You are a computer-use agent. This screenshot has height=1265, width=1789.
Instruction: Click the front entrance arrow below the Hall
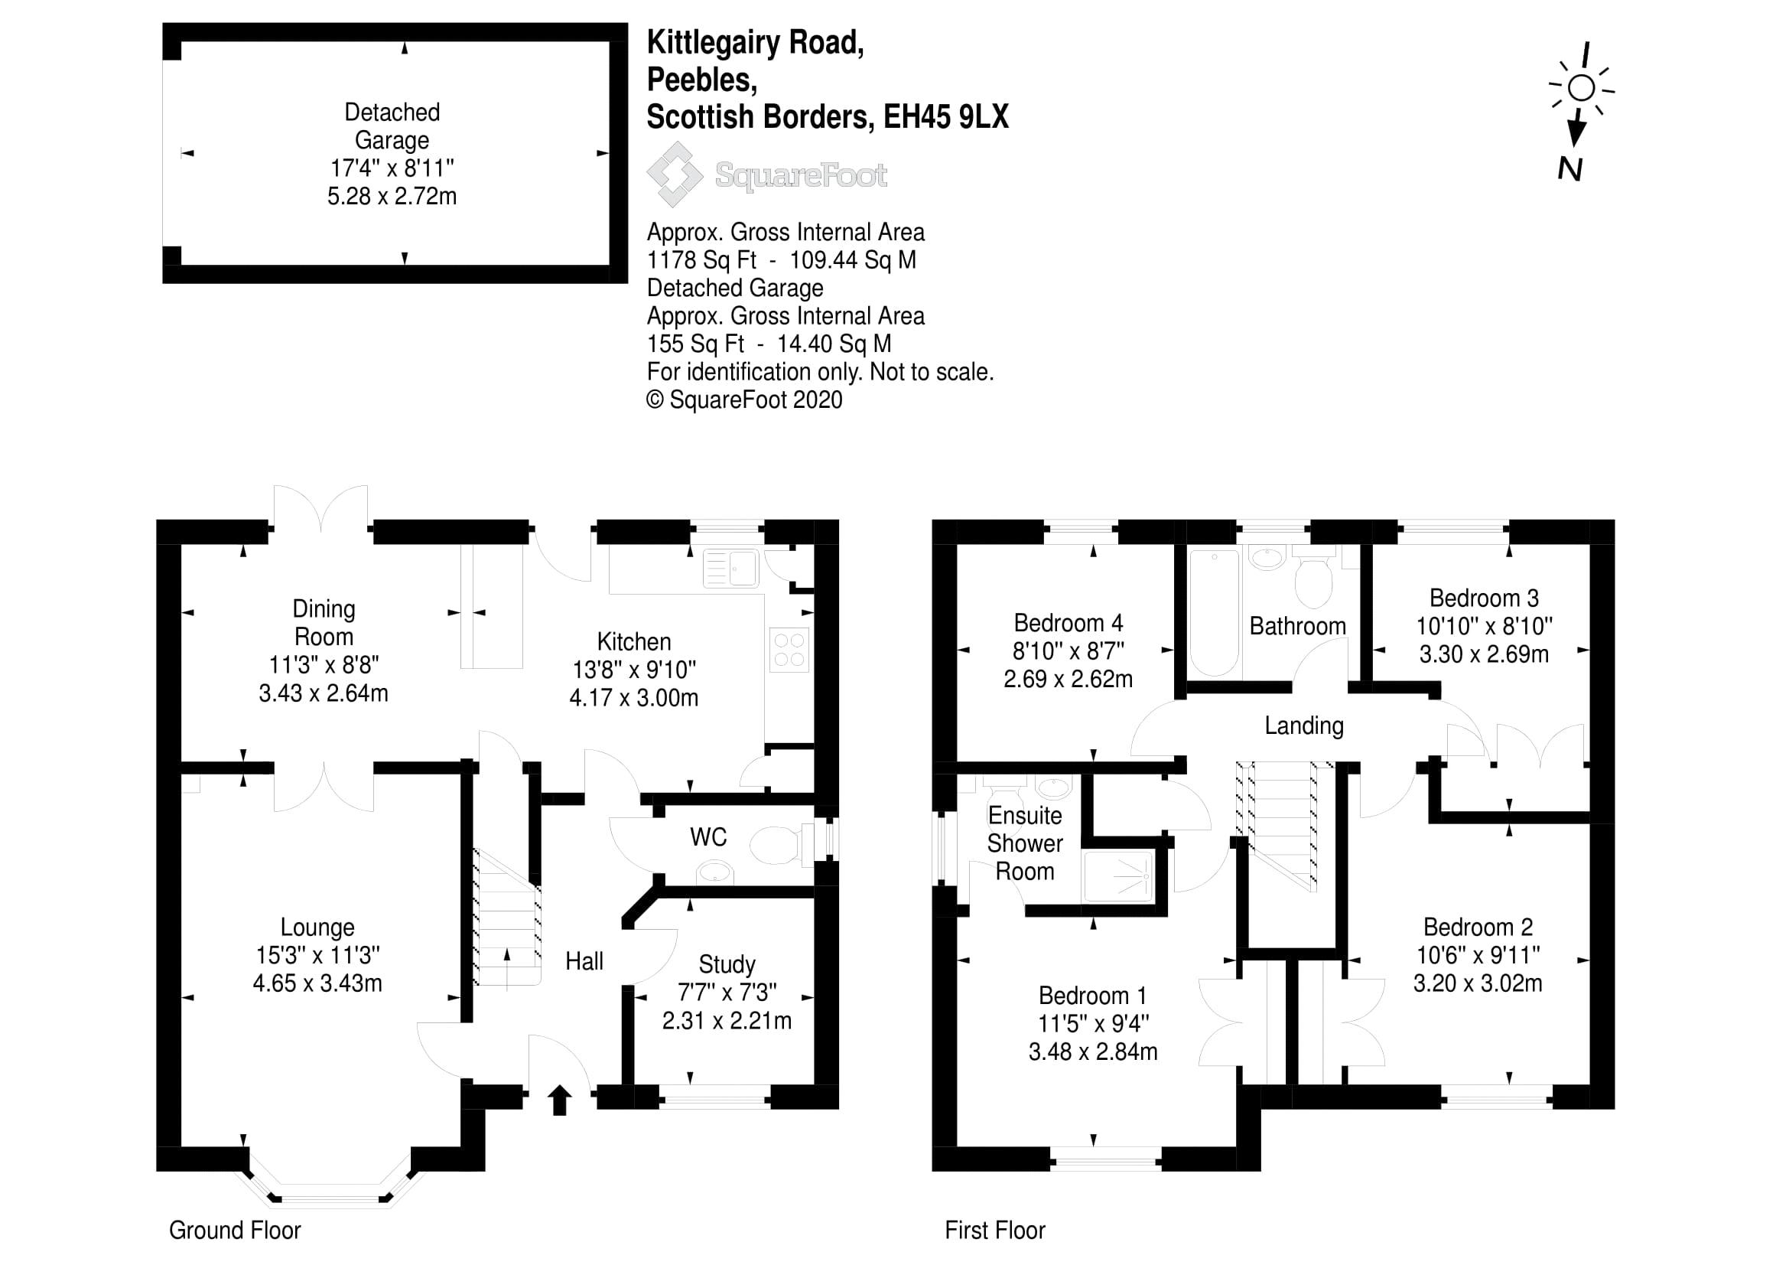(x=558, y=1100)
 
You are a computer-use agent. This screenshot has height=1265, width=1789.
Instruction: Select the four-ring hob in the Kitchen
(x=789, y=650)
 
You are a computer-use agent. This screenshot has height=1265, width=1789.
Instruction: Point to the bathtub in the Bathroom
(x=1214, y=612)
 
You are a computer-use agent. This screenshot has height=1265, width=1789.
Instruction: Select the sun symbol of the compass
(x=1581, y=87)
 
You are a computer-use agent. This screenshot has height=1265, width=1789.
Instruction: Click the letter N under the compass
(x=1570, y=169)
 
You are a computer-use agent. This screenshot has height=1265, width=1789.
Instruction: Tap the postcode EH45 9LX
(x=945, y=117)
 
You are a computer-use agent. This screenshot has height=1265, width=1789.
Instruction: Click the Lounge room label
(x=317, y=927)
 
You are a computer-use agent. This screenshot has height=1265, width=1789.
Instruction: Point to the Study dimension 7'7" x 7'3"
(x=726, y=993)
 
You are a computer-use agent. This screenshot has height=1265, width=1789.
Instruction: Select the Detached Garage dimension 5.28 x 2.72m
(x=391, y=197)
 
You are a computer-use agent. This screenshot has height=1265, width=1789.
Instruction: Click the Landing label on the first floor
(x=1303, y=725)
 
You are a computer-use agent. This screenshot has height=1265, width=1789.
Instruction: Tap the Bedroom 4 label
(x=1068, y=623)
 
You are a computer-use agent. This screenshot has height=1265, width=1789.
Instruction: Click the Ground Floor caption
(x=235, y=1230)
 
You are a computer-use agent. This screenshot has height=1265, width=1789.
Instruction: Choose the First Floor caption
(x=994, y=1230)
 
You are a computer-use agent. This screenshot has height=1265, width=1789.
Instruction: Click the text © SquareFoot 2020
(x=744, y=399)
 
